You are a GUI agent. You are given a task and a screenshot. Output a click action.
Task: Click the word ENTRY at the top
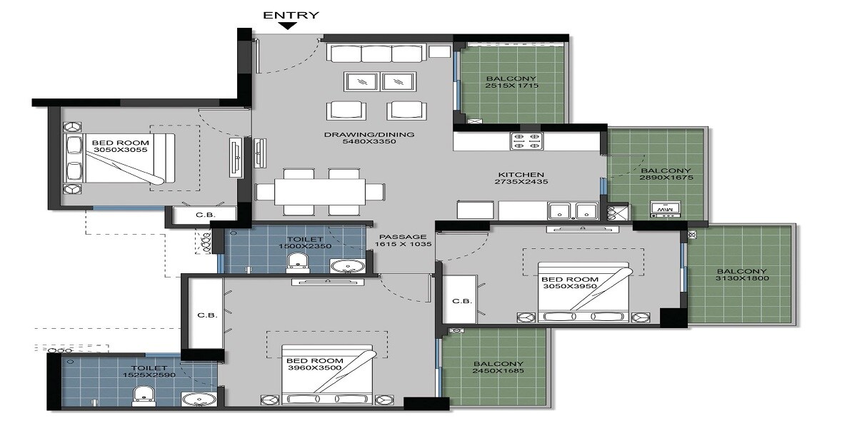pos(291,14)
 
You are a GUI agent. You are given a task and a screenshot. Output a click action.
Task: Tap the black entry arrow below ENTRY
pos(288,27)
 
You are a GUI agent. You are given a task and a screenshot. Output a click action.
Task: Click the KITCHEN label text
pos(521,174)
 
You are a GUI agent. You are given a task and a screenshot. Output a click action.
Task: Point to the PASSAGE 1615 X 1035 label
pos(403,240)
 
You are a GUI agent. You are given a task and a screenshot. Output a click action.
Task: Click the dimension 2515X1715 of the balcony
pos(511,86)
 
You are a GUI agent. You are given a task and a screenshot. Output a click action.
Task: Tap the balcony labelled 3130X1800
pos(741,275)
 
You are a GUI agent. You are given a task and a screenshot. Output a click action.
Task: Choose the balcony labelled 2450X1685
pos(498,367)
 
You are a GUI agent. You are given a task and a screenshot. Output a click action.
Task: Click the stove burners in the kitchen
pos(527,141)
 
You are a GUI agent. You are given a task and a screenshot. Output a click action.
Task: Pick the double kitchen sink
pos(573,210)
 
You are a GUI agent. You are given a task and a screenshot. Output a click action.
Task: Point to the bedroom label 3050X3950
pos(568,282)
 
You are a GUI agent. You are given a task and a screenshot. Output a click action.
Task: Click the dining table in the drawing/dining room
pos(310,191)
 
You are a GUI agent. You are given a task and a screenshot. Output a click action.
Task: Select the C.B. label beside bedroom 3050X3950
pos(461,301)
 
